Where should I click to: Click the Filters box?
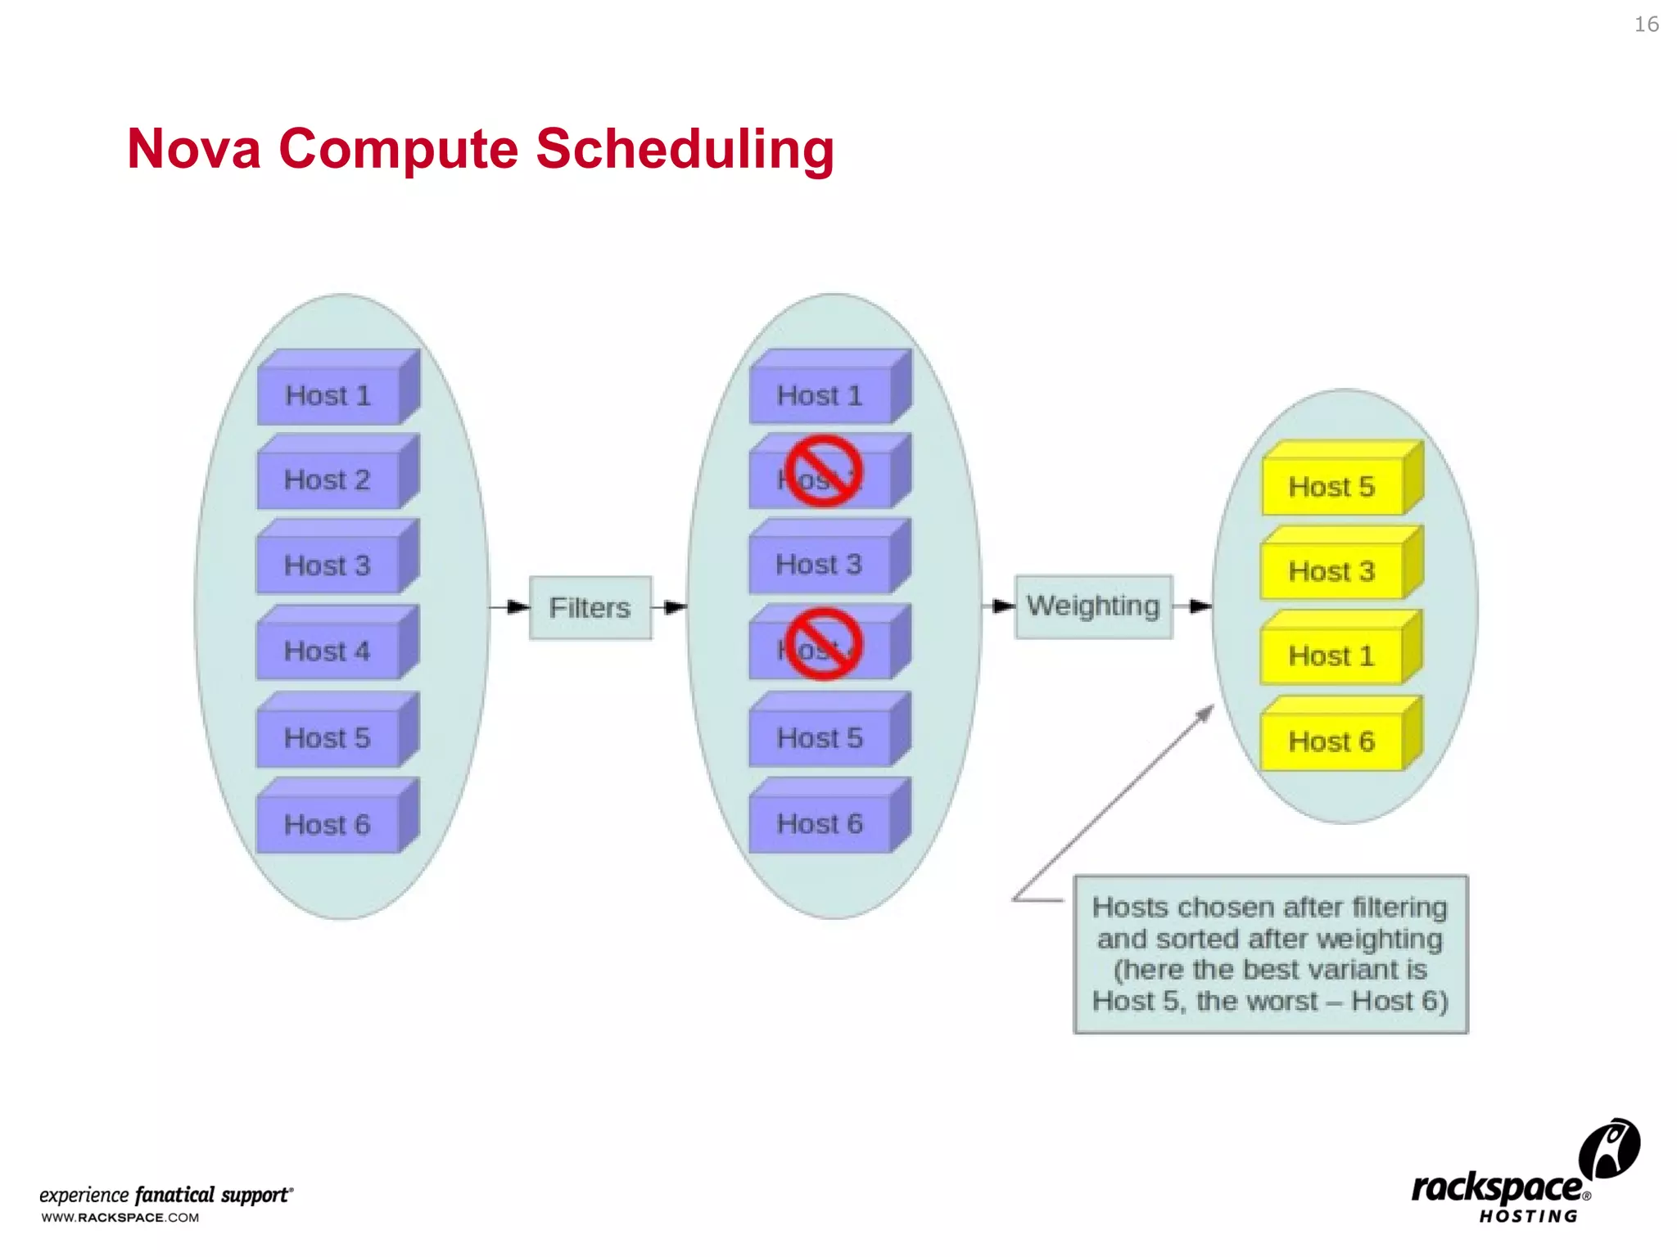click(590, 607)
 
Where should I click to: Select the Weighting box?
click(1093, 606)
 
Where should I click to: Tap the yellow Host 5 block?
click(1332, 487)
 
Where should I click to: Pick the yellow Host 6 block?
click(1332, 741)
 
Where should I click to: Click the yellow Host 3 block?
click(1332, 571)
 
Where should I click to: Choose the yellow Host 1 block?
click(1332, 656)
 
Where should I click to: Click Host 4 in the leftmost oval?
click(328, 651)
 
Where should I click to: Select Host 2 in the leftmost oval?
click(328, 480)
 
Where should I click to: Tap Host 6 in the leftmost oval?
click(328, 824)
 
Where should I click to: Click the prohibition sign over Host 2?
click(823, 471)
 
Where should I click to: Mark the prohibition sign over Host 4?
click(823, 644)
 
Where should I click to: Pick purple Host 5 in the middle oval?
click(820, 738)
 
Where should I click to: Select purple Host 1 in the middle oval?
click(820, 396)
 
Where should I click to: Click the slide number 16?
click(1646, 25)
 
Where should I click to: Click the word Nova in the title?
click(194, 149)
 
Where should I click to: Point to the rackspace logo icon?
click(1608, 1149)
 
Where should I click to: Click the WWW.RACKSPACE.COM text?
click(120, 1218)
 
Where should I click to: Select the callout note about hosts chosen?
click(1270, 954)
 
